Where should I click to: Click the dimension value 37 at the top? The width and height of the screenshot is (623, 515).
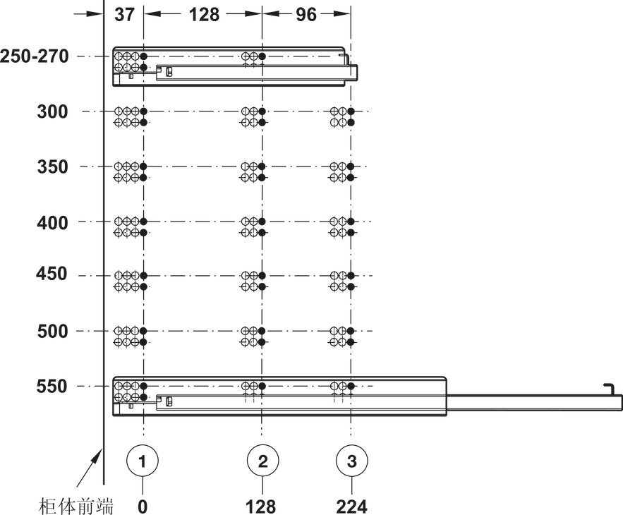(124, 15)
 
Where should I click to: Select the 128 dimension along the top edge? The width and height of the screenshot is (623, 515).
(204, 15)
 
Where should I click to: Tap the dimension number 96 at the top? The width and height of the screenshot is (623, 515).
(306, 15)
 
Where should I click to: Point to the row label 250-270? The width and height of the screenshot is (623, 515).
(35, 56)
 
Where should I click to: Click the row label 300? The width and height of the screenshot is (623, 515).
(52, 111)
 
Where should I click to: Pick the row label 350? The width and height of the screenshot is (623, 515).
(52, 167)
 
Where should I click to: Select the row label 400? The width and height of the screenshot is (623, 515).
(52, 222)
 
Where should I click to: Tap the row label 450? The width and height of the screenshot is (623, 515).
(52, 274)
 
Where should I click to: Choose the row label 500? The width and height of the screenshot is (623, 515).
(52, 331)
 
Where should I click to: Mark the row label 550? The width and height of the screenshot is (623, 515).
(52, 387)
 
